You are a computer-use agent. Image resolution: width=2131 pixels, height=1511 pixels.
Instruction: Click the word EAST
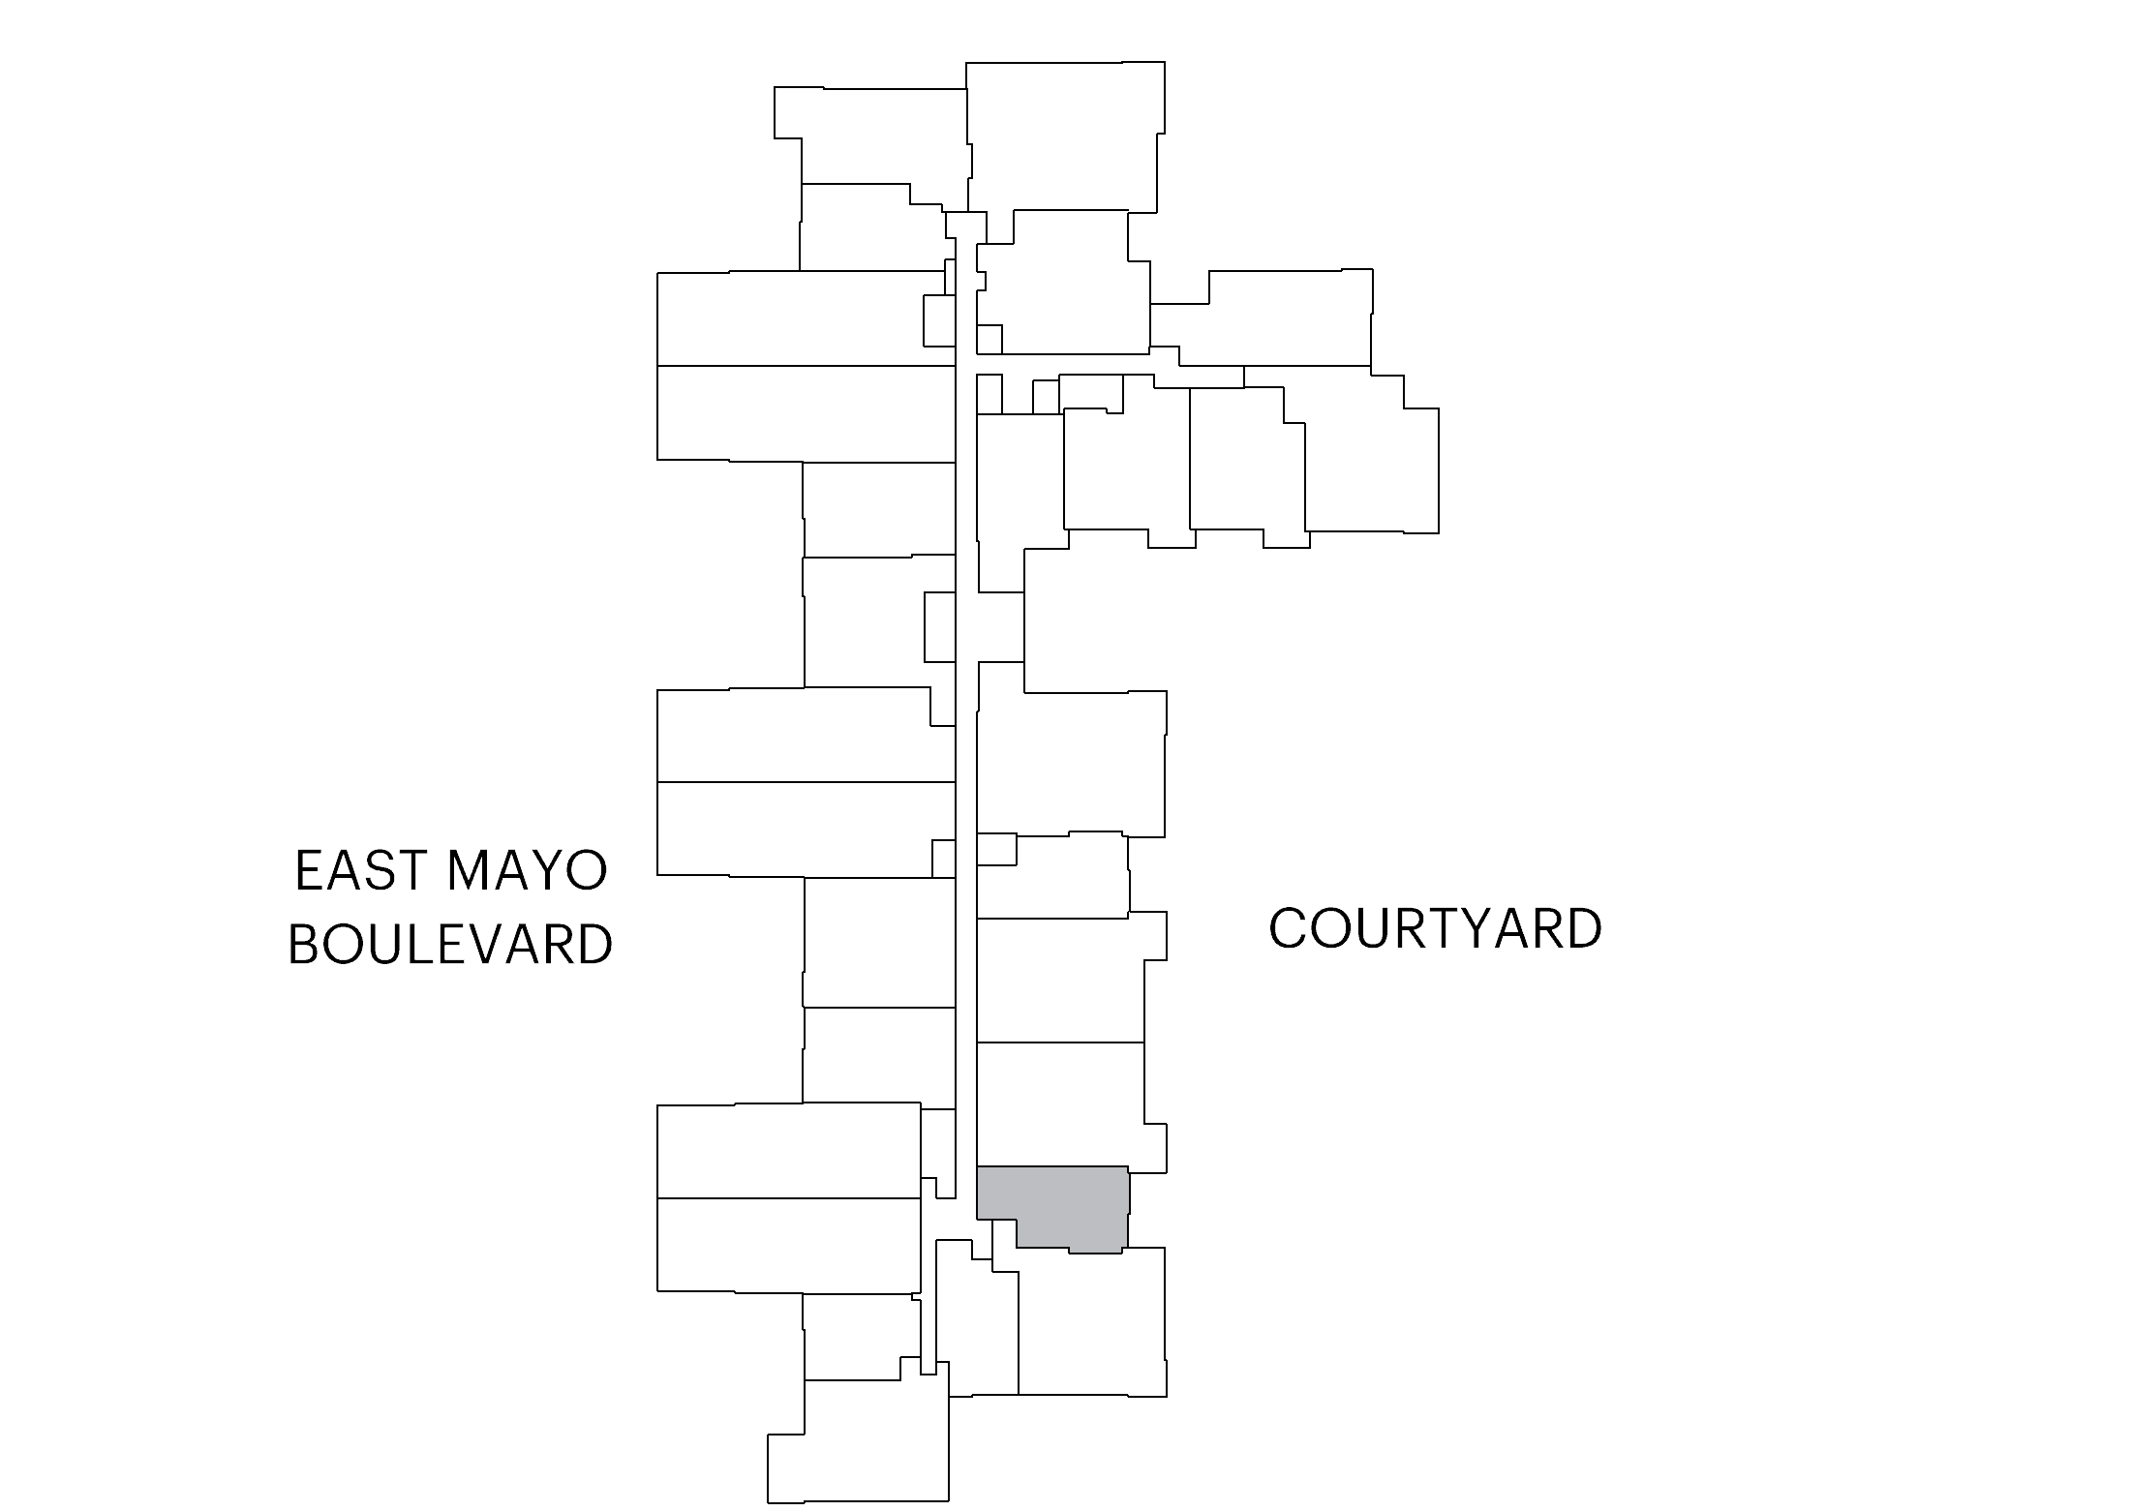point(360,870)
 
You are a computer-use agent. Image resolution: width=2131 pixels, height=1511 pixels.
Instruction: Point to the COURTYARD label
point(1435,928)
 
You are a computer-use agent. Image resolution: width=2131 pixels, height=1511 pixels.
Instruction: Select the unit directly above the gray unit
point(1060,1104)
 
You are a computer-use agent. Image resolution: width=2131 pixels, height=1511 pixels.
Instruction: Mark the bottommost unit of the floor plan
point(858,1442)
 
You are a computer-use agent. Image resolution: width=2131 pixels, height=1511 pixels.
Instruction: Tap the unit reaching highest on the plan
point(1065,136)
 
